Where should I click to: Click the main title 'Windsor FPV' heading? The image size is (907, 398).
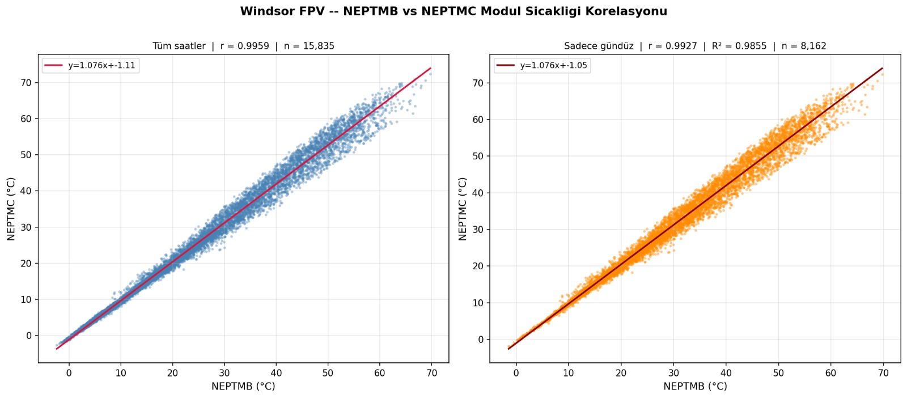point(453,11)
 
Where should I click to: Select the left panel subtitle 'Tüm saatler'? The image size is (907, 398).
point(179,46)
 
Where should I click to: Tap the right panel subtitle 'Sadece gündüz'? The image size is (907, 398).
point(599,46)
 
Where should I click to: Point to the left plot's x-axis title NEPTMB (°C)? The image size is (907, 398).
point(243,386)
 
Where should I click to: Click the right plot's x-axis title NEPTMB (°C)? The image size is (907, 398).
point(695,386)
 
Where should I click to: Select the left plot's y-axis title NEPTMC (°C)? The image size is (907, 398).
point(11,209)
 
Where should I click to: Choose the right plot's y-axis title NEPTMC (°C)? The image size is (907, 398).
point(463,209)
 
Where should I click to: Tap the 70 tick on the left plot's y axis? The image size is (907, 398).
point(26,83)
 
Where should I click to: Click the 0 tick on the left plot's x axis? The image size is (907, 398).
point(69,373)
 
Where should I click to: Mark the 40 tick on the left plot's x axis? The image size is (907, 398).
point(276,373)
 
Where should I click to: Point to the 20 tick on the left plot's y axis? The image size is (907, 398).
point(26,263)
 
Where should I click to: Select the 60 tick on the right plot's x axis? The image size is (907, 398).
point(830,373)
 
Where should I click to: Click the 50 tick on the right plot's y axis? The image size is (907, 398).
point(478,156)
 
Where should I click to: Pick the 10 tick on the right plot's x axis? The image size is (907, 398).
point(569,373)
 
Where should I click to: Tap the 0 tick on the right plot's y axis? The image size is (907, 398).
point(481,340)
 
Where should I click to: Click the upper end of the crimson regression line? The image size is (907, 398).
point(431,68)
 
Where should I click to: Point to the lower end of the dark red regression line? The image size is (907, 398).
point(508,349)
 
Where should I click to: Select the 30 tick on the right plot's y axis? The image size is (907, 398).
point(478,230)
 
